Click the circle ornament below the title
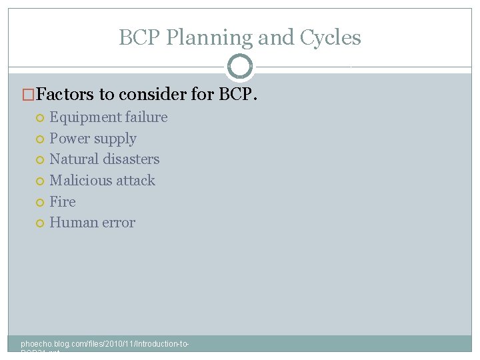tap(240, 67)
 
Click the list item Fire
tap(63, 202)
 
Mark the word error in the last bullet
tap(117, 223)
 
